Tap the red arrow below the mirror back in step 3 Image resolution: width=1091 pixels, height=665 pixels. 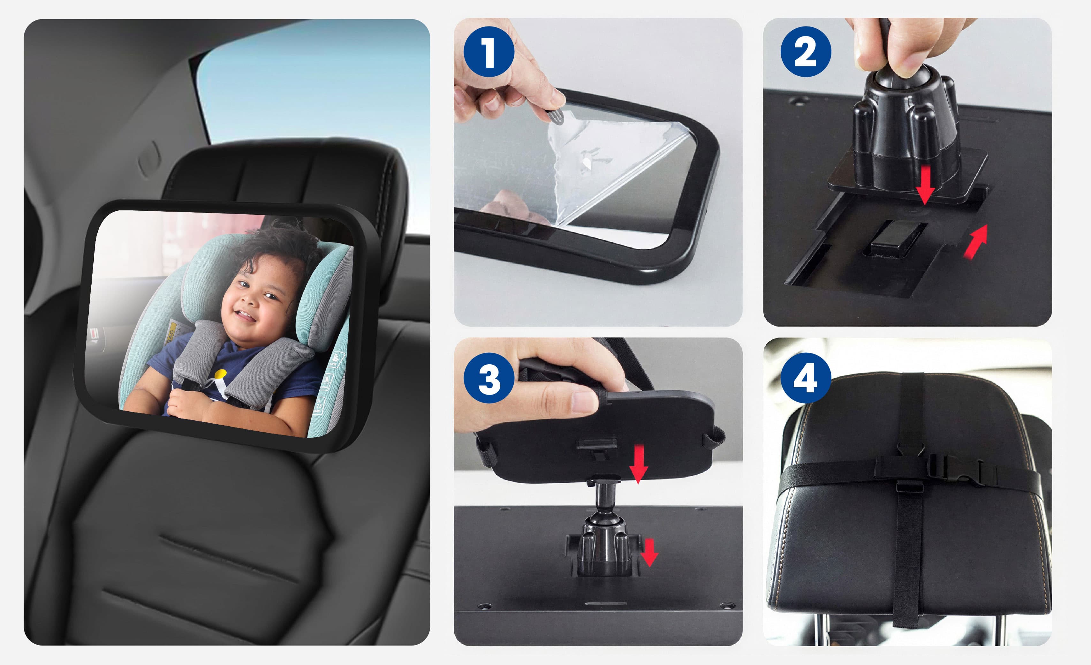(639, 464)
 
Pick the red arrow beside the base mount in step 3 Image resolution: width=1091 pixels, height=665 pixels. (649, 552)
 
